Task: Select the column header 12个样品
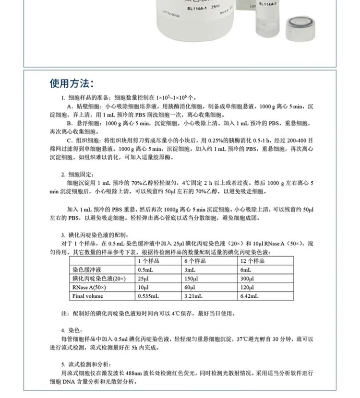click(253, 261)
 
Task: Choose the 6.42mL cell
click(250, 296)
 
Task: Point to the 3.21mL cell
click(193, 296)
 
